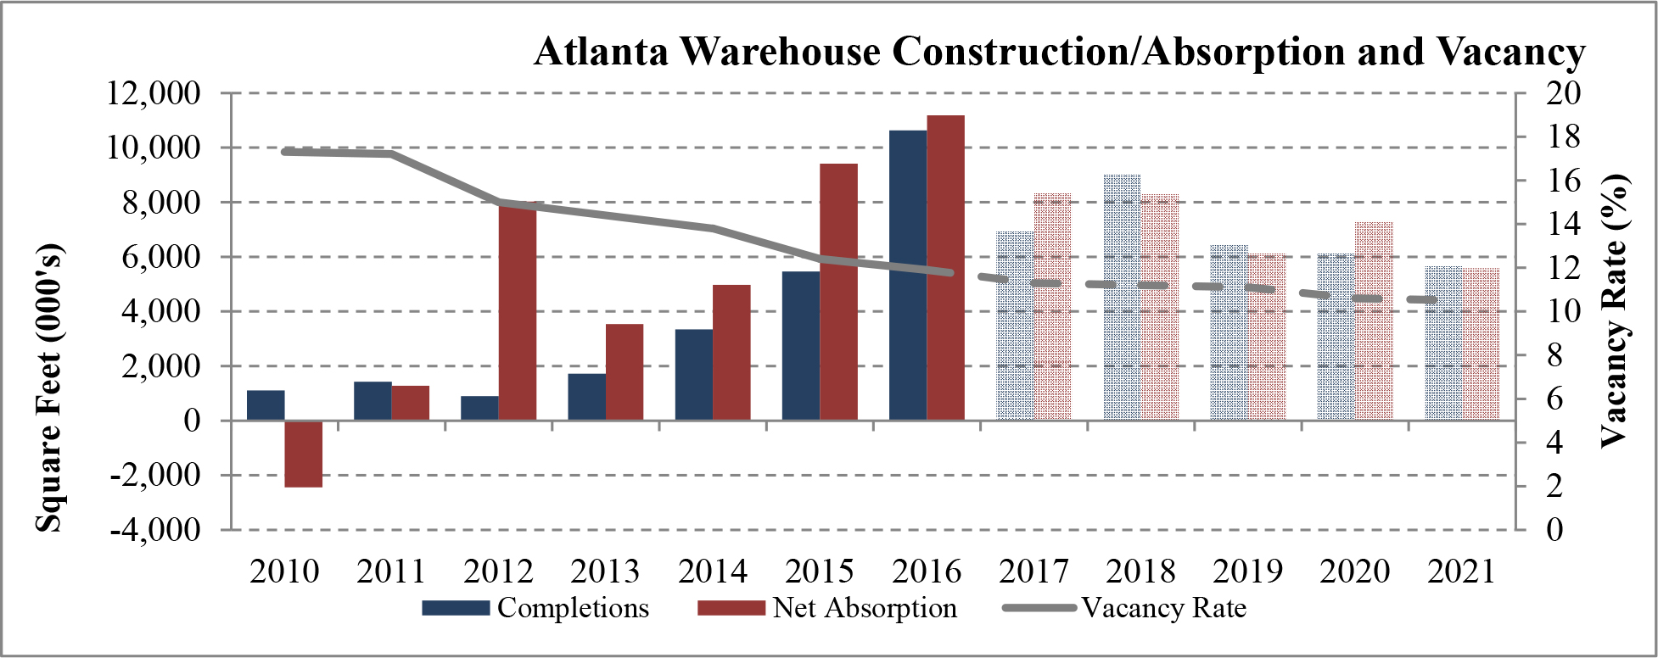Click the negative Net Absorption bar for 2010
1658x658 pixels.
click(303, 454)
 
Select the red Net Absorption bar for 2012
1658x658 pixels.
click(517, 311)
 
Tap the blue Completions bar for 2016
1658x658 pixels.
click(908, 276)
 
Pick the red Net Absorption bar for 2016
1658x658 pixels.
click(945, 268)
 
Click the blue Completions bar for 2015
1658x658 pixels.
click(800, 346)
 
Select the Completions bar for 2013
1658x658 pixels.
click(586, 397)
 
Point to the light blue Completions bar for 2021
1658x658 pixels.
click(1443, 343)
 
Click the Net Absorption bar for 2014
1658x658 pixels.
click(731, 353)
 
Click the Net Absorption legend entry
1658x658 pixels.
click(827, 609)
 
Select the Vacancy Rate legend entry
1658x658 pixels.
click(1124, 609)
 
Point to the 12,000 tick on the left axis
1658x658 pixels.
click(153, 92)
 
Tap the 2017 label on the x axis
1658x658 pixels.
click(1033, 572)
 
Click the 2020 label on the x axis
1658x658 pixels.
click(1355, 572)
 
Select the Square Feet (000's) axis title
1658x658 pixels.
click(48, 388)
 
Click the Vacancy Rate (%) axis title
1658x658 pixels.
click(1615, 310)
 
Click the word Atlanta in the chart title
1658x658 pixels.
click(602, 52)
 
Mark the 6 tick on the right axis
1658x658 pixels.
click(1554, 399)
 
